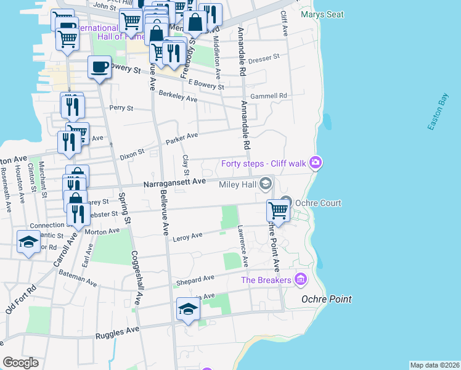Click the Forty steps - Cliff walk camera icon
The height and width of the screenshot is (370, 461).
pos(316,163)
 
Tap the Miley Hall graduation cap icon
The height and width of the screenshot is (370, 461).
pos(266,183)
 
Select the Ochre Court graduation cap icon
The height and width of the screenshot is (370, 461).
pos(285,202)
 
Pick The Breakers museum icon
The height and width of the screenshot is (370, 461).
pos(300,279)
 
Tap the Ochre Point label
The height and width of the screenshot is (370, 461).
pos(326,299)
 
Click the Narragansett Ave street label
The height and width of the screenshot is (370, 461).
pos(174,183)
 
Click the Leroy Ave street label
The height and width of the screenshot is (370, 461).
pos(188,236)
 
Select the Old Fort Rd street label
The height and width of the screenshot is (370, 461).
pos(21,300)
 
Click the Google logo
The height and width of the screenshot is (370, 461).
pos(20,363)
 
